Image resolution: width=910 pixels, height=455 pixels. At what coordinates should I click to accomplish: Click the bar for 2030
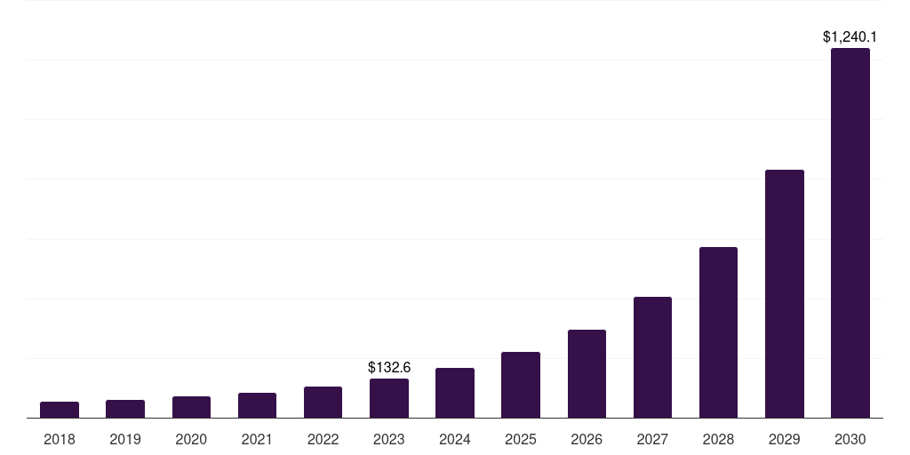(850, 233)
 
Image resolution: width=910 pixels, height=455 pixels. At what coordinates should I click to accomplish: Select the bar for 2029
(784, 293)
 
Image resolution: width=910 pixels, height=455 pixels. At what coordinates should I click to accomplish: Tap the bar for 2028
(718, 332)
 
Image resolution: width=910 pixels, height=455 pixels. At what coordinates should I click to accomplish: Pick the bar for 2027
(652, 357)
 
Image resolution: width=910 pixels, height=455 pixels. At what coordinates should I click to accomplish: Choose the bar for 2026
(587, 373)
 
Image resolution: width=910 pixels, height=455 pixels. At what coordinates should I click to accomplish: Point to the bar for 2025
(521, 385)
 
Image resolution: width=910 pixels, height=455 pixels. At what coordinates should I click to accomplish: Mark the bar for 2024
(455, 393)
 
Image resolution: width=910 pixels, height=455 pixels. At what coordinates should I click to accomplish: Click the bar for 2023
(389, 398)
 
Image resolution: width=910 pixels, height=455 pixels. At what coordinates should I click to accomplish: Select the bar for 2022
(323, 402)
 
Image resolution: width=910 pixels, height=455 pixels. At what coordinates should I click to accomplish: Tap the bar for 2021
(257, 405)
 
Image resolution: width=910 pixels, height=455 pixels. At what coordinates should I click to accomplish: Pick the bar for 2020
(191, 407)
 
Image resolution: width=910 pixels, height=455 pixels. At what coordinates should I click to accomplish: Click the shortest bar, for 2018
(60, 410)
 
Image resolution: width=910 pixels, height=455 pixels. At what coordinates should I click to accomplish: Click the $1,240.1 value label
(850, 37)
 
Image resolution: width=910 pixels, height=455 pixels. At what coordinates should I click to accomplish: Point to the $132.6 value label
(389, 367)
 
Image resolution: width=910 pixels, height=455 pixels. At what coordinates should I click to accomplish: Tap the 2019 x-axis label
(125, 439)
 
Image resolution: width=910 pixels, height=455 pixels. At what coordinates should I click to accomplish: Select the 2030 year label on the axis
(850, 439)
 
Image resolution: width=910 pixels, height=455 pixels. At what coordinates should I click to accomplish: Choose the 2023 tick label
(389, 439)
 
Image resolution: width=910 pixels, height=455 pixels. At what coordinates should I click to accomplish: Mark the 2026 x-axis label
(587, 439)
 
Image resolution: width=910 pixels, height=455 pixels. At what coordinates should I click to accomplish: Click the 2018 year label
(60, 439)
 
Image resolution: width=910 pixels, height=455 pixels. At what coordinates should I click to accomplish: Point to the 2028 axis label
(718, 439)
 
